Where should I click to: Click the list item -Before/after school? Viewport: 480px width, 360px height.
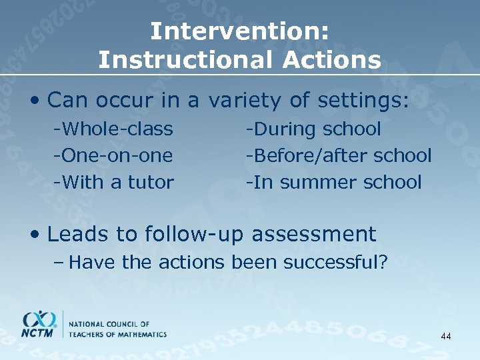pyautogui.click(x=338, y=155)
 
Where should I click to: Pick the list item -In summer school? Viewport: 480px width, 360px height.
pyautogui.click(x=333, y=182)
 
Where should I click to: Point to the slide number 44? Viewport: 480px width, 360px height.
pyautogui.click(x=445, y=337)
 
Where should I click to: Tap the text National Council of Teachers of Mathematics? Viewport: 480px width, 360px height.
pyautogui.click(x=117, y=328)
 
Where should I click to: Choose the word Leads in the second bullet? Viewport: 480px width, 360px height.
pyautogui.click(x=70, y=234)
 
